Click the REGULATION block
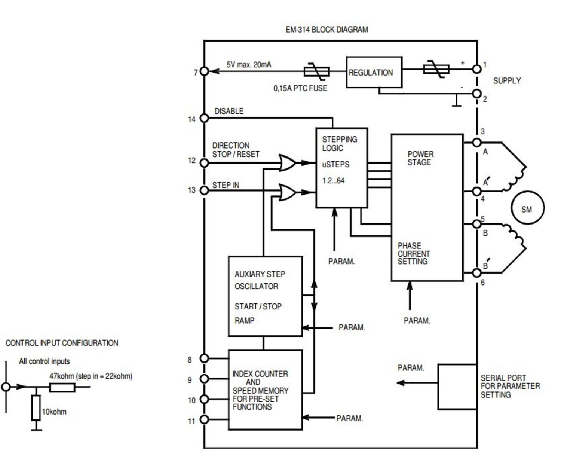(374, 73)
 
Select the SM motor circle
(527, 208)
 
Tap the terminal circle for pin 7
(204, 71)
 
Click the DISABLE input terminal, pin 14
(204, 118)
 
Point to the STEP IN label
(226, 185)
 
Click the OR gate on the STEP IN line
(288, 192)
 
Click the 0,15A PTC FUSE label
(300, 88)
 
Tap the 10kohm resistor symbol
(36, 407)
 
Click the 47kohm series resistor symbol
(62, 387)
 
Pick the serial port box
(457, 387)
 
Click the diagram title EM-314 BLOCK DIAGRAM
(327, 30)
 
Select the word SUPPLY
(507, 81)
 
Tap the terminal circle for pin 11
(204, 419)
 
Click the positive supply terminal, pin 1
(477, 69)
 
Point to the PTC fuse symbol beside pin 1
(436, 69)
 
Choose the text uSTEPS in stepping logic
(335, 164)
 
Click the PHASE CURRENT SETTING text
(413, 254)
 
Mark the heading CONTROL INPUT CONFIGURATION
(62, 343)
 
